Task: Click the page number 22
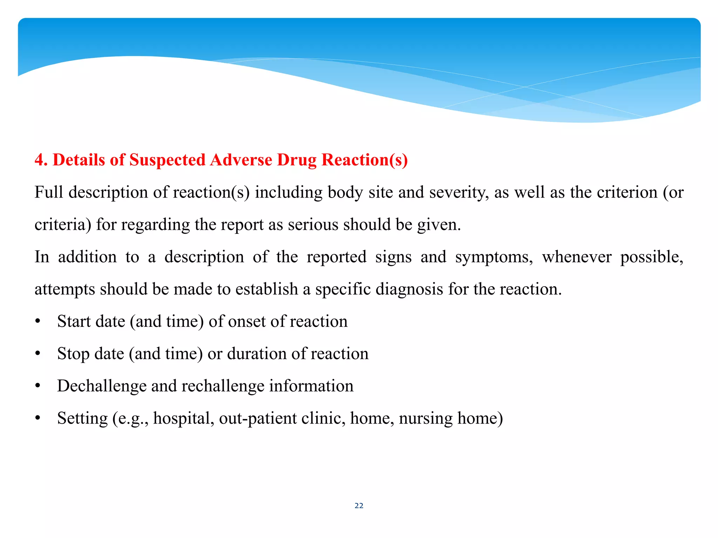point(359,505)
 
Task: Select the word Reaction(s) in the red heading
point(365,160)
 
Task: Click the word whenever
point(576,257)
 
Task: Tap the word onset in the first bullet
point(247,322)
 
